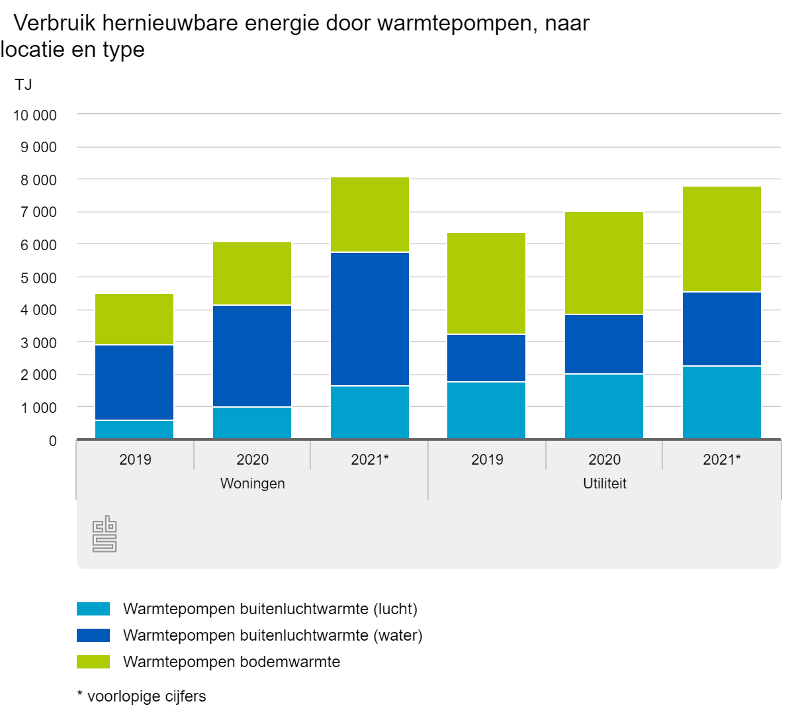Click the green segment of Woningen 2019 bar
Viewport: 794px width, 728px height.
coord(134,319)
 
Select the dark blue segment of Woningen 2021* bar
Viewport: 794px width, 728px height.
coord(369,319)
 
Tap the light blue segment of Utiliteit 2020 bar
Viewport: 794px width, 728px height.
coord(604,406)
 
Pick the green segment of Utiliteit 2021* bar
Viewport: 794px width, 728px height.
coord(721,239)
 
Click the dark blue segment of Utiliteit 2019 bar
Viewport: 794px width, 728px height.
coord(486,358)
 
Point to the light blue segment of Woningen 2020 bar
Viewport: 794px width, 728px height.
coord(252,423)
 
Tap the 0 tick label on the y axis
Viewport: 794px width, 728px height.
coord(52,441)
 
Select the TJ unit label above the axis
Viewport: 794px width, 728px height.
coord(22,85)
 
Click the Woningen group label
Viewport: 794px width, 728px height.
coord(252,484)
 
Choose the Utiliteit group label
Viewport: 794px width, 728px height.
coord(604,484)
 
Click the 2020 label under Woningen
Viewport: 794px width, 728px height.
coord(252,459)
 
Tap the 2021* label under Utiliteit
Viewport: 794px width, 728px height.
coord(721,459)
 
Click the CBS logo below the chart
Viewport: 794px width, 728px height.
coord(105,535)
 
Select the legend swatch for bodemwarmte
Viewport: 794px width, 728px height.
coord(93,662)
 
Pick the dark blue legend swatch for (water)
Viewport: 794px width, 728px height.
coord(93,635)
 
